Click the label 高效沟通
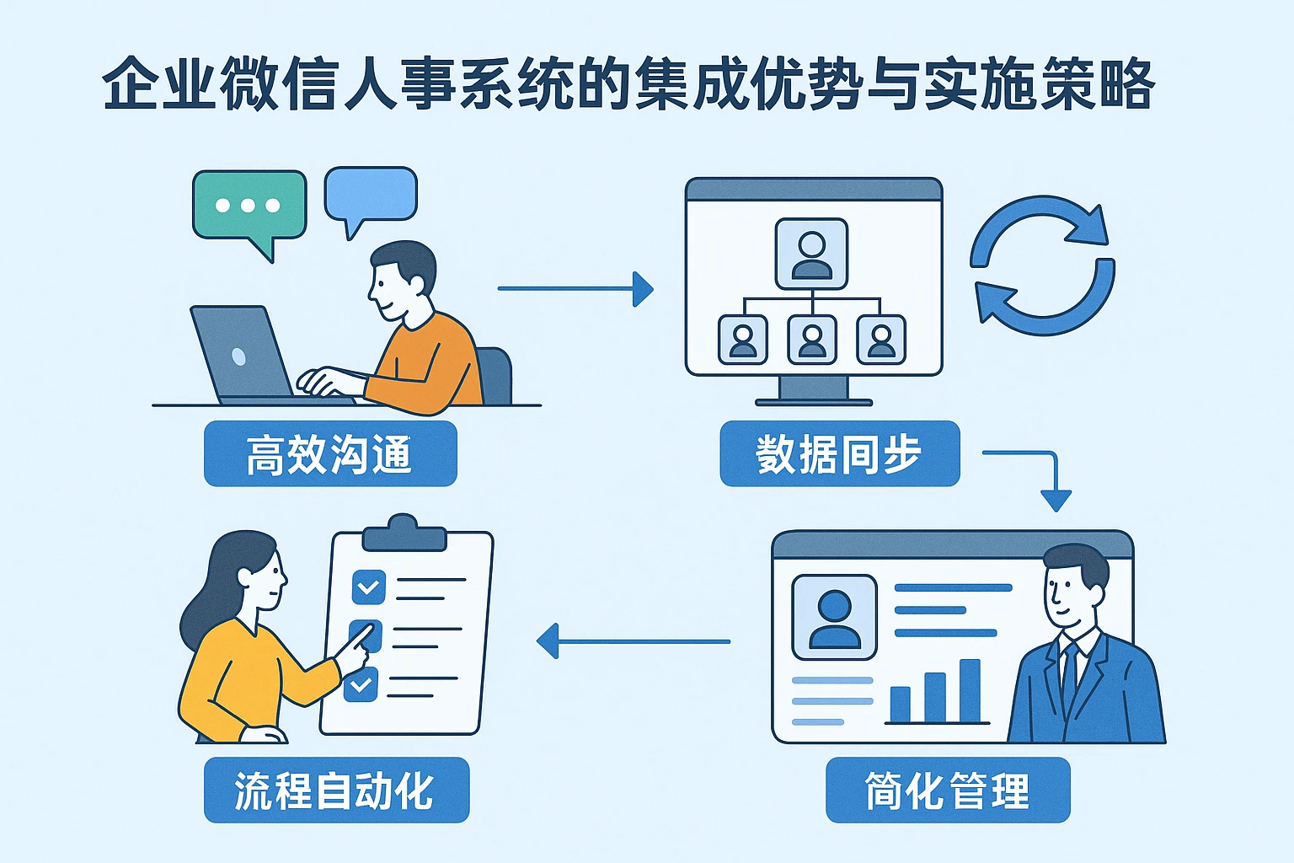click(330, 454)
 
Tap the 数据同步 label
click(839, 454)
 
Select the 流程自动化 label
click(335, 790)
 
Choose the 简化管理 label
click(947, 790)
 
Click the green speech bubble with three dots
click(249, 206)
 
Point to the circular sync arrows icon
click(1042, 265)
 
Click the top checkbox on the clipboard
click(368, 587)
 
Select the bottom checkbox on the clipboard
click(361, 684)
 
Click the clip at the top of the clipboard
click(403, 533)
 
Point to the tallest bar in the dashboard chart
click(970, 691)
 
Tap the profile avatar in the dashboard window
click(834, 618)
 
